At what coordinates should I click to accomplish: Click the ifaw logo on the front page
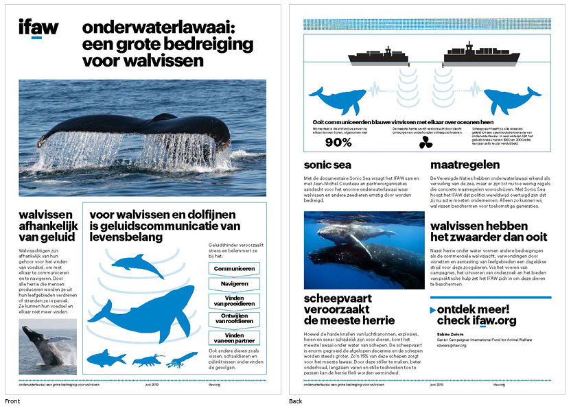pyautogui.click(x=38, y=28)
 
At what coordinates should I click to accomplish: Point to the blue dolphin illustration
pyautogui.click(x=137, y=264)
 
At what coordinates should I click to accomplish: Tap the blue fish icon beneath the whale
pyautogui.click(x=106, y=358)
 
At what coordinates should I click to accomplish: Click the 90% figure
pyautogui.click(x=338, y=143)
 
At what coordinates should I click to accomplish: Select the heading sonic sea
pyautogui.click(x=329, y=165)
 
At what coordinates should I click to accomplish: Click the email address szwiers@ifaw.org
pyautogui.click(x=452, y=345)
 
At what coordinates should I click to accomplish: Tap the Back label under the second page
pyautogui.click(x=296, y=401)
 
